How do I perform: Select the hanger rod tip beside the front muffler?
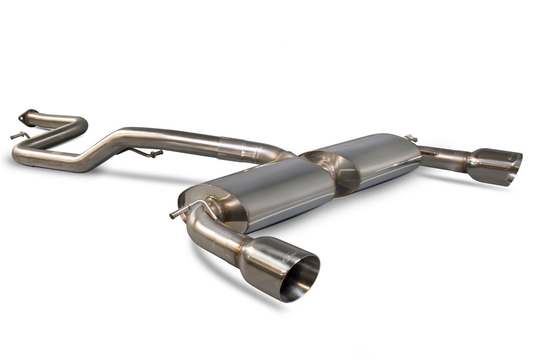pyautogui.click(x=173, y=216)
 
